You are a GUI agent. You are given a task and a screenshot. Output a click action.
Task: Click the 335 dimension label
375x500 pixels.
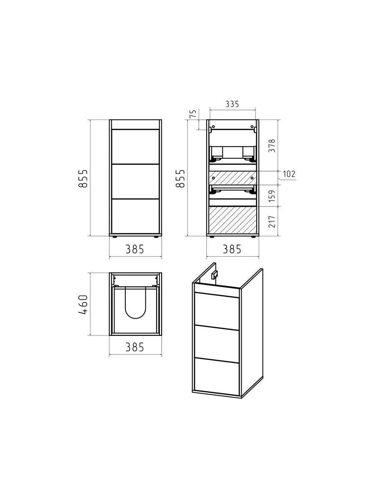[x=232, y=104]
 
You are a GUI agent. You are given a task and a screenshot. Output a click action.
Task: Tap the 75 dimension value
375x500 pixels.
[x=193, y=114]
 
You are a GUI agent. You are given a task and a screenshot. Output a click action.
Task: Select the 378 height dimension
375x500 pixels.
[x=272, y=146]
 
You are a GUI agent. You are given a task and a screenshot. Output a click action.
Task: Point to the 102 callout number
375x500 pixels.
[x=289, y=174]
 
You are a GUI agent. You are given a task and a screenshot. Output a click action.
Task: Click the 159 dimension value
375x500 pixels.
[x=272, y=196]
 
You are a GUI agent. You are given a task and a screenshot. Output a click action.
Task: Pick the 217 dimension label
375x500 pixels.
[x=272, y=221]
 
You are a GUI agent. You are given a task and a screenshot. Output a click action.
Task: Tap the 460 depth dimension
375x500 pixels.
[x=83, y=305]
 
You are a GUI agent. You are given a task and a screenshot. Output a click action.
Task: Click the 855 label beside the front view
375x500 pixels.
[x=83, y=178]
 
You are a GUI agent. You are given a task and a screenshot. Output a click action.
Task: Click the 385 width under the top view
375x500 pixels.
[x=135, y=347]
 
